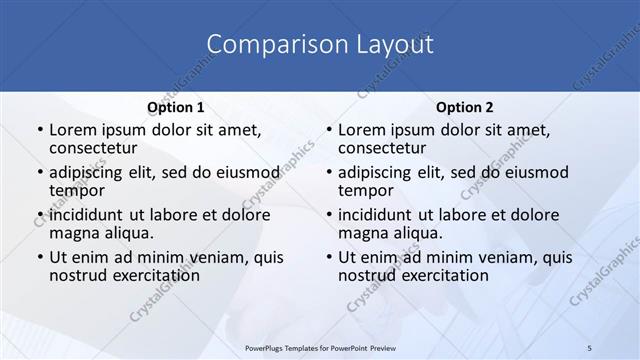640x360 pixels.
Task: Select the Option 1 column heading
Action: point(176,107)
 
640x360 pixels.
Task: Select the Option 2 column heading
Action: point(465,107)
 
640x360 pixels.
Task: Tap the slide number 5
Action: point(590,347)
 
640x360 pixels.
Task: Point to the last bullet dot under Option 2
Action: point(329,257)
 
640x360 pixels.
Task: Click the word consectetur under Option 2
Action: point(382,148)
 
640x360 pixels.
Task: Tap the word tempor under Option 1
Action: point(77,190)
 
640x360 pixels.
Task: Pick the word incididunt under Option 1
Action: point(89,214)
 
